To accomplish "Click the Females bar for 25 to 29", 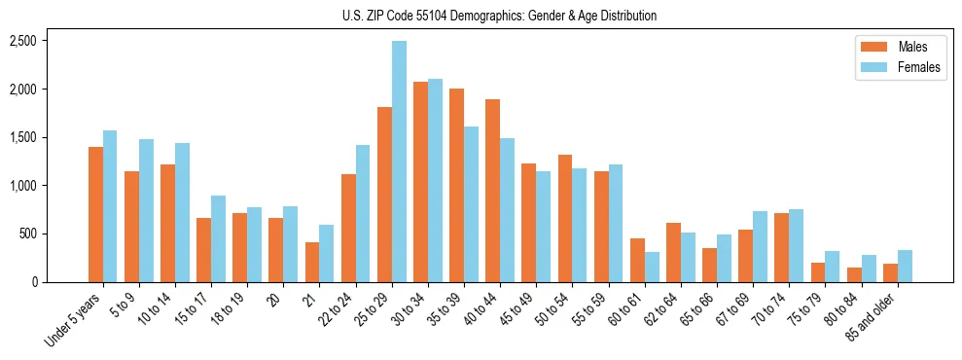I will [399, 162].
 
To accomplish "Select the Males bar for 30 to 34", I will [420, 182].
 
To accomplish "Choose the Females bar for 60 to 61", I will [652, 267].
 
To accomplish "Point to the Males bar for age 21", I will [312, 262].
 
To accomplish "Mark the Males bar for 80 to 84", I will [854, 274].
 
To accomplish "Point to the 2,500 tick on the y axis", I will [22, 41].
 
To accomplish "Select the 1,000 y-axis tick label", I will [22, 186].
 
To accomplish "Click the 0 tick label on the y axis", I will [32, 282].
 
